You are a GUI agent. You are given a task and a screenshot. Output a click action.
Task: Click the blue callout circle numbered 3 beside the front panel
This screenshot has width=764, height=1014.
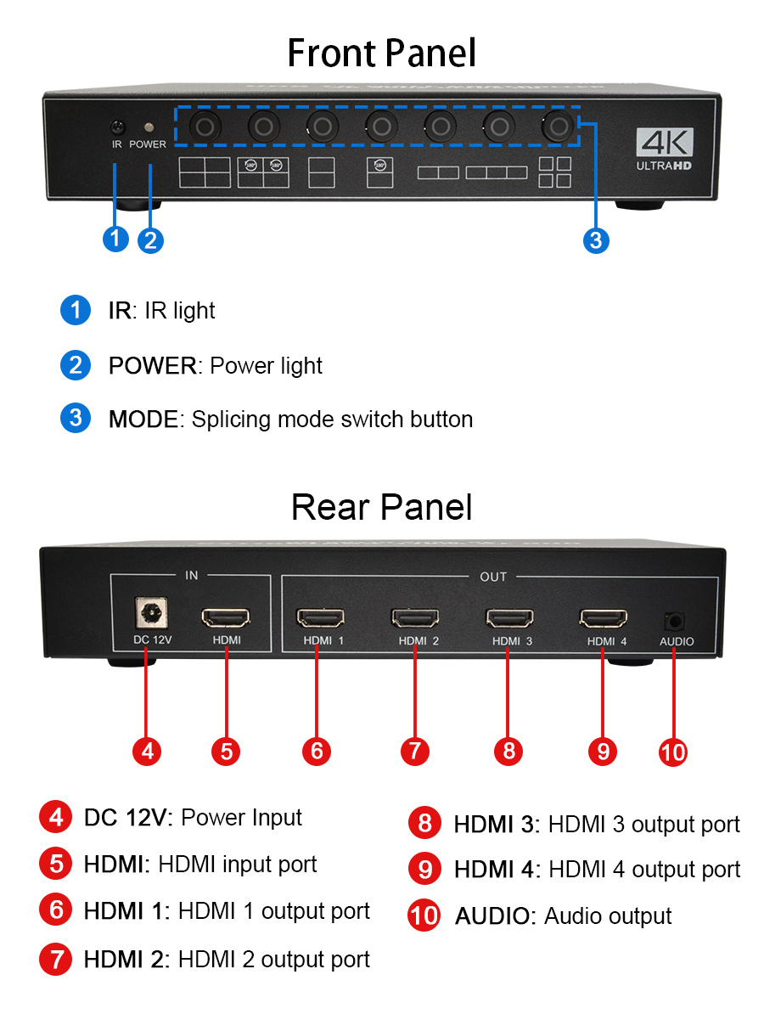[595, 240]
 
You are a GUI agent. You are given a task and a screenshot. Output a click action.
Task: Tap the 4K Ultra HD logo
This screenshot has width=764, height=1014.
[665, 149]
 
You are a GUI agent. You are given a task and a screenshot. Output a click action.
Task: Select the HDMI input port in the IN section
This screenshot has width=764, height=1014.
[225, 617]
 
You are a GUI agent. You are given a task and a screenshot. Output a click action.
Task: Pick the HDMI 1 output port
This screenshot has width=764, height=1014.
[319, 617]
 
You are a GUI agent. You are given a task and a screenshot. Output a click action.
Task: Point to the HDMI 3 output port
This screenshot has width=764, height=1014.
[509, 617]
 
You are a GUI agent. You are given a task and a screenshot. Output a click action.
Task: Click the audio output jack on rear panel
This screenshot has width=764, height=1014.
[675, 621]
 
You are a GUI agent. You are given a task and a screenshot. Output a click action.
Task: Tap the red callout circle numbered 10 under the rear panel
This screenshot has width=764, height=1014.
[673, 752]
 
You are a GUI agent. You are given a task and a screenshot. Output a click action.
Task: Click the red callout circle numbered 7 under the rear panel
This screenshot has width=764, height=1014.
[414, 751]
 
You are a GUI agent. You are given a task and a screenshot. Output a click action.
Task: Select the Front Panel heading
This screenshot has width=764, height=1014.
[382, 53]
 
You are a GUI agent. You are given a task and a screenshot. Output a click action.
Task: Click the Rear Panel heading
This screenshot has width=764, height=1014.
[382, 507]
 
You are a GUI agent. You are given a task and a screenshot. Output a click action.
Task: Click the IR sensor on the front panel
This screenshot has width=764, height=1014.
[118, 127]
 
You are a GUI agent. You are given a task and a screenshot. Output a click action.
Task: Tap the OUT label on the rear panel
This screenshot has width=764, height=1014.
[493, 577]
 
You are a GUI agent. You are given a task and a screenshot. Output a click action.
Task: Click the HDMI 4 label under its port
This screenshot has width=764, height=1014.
[606, 641]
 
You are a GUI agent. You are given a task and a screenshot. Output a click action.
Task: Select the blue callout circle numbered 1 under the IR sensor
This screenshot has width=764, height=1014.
[115, 239]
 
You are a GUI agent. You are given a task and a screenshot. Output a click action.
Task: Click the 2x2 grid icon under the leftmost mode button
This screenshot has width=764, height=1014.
[205, 172]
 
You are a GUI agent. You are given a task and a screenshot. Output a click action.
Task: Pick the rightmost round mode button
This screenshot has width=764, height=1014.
[557, 127]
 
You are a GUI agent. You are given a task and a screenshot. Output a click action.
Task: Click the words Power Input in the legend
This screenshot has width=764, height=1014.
[242, 818]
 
